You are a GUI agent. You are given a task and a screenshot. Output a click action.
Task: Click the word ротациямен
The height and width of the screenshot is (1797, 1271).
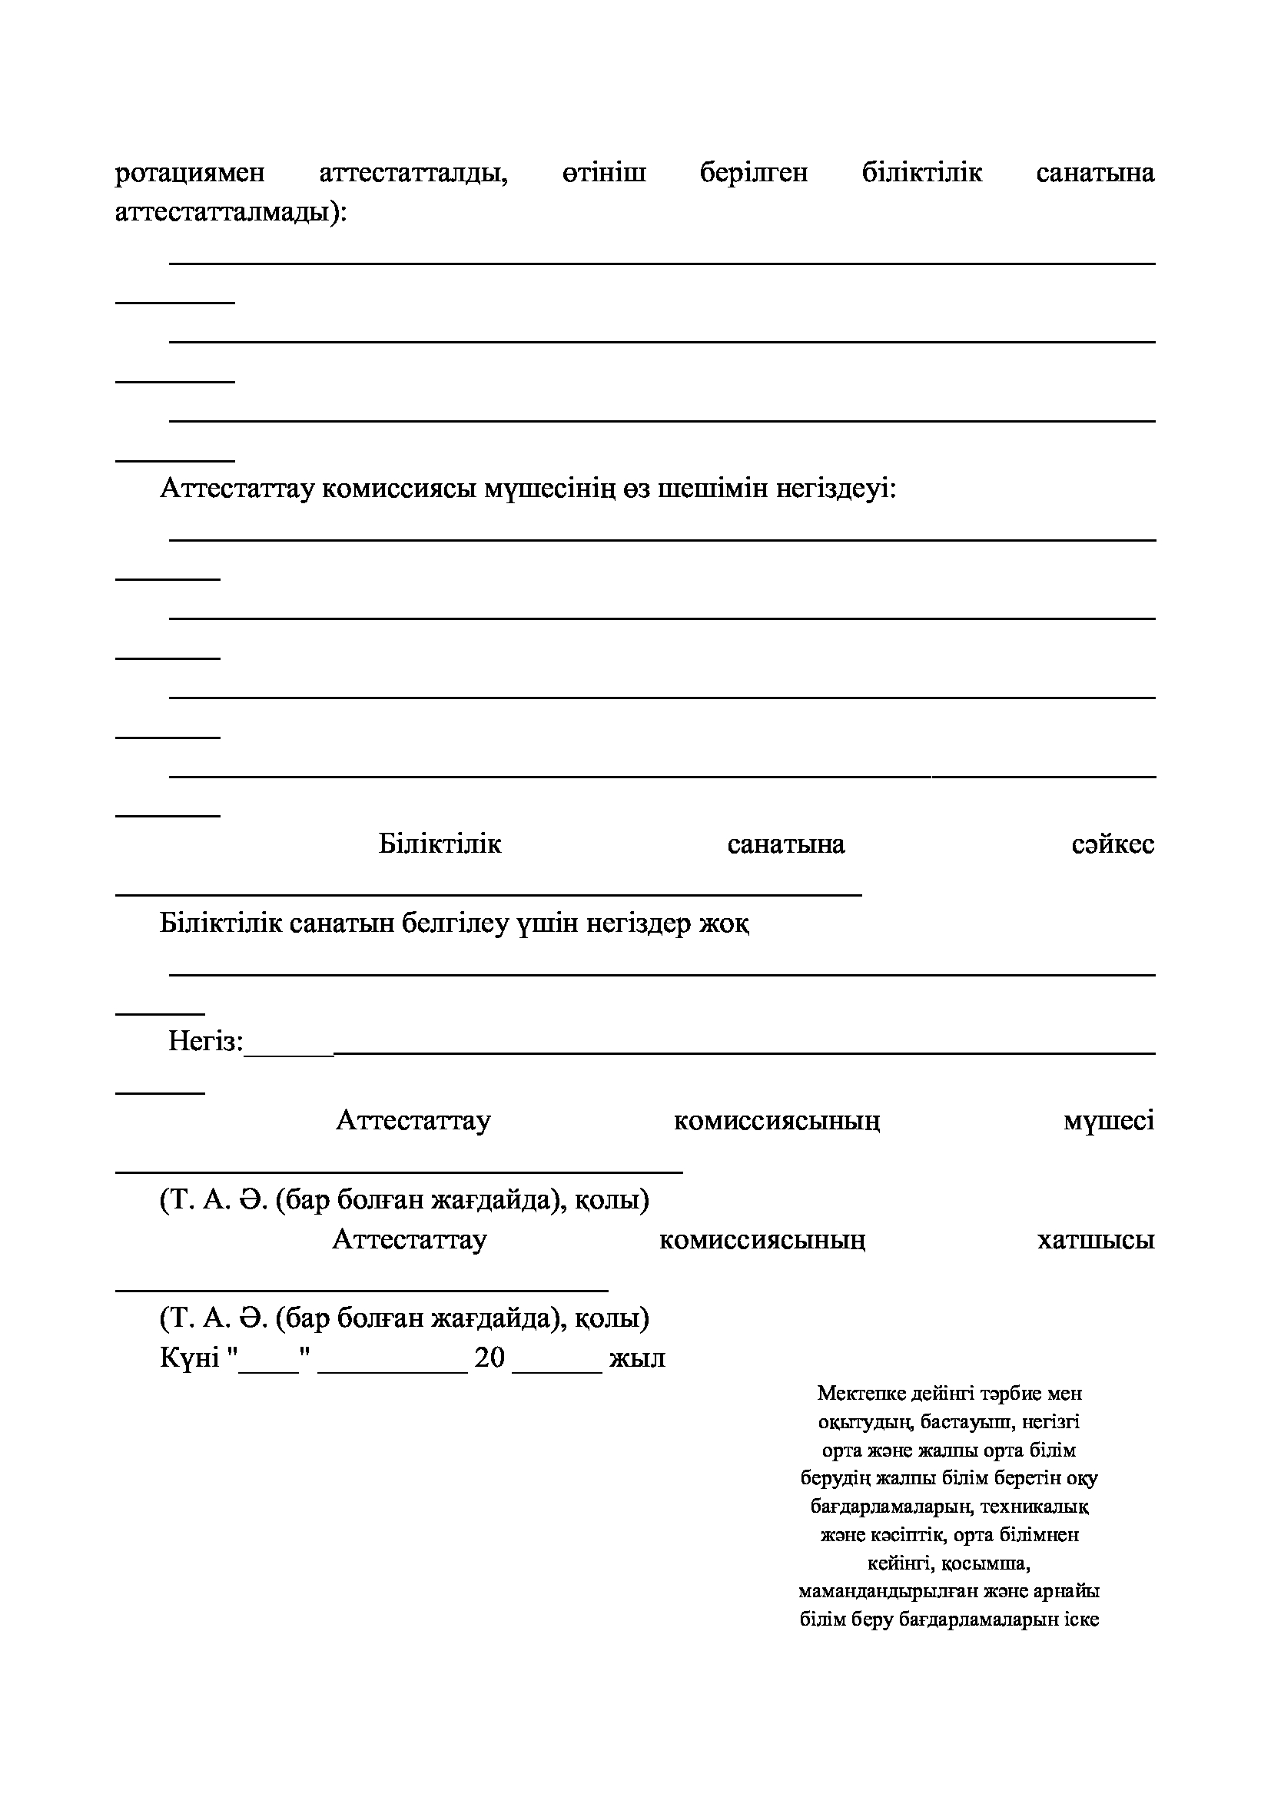189,173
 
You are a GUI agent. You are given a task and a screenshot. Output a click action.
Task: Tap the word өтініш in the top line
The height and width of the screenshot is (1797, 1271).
603,173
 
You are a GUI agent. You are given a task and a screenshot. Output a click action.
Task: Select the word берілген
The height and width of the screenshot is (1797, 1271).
754,173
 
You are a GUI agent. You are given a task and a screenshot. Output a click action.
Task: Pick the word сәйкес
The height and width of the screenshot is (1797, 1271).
1113,844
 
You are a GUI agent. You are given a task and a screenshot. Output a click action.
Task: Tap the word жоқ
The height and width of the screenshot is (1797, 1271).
725,924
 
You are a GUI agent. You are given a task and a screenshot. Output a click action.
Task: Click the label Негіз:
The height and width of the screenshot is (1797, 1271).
206,1043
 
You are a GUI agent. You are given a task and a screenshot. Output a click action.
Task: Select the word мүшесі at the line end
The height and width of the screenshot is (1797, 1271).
1108,1122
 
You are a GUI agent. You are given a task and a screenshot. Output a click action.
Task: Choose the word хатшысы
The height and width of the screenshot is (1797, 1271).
1096,1241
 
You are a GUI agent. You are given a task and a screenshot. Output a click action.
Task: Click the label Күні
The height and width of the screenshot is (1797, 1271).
189,1358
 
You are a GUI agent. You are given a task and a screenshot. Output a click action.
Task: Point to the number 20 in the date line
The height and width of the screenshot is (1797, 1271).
490,1358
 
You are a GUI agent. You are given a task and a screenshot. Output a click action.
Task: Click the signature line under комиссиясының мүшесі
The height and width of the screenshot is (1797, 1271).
399,1171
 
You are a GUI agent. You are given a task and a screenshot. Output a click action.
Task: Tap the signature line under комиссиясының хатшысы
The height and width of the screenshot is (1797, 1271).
362,1289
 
